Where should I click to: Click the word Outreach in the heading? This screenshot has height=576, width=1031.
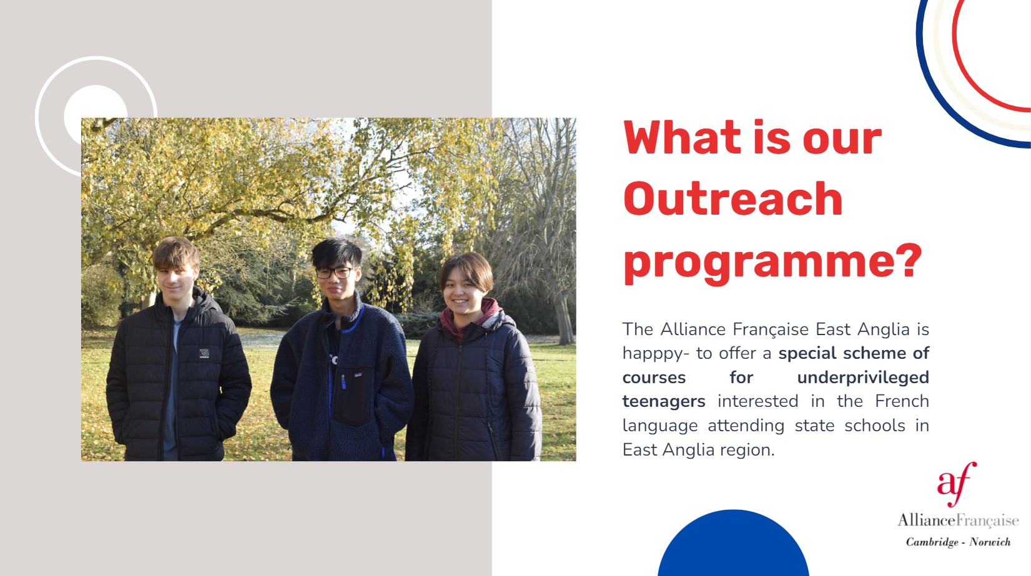coord(733,198)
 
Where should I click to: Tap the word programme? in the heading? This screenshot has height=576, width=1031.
coord(773,264)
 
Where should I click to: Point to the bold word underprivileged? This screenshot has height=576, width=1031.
coord(863,378)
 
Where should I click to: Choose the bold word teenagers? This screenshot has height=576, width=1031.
coord(664,402)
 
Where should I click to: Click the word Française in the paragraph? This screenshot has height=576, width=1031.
coord(771,330)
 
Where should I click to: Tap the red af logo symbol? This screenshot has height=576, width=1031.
coord(957,484)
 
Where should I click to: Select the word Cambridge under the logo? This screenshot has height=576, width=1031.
coord(932,542)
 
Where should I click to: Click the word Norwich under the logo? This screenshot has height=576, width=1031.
coord(990,542)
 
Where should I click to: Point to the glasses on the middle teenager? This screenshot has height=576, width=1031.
coord(334,272)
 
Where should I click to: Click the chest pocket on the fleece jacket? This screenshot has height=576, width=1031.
coord(352,396)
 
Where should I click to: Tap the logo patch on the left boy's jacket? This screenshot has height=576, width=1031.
coord(204,353)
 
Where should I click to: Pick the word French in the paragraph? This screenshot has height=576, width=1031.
coord(902,401)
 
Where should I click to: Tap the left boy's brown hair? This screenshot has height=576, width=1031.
coord(176,251)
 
